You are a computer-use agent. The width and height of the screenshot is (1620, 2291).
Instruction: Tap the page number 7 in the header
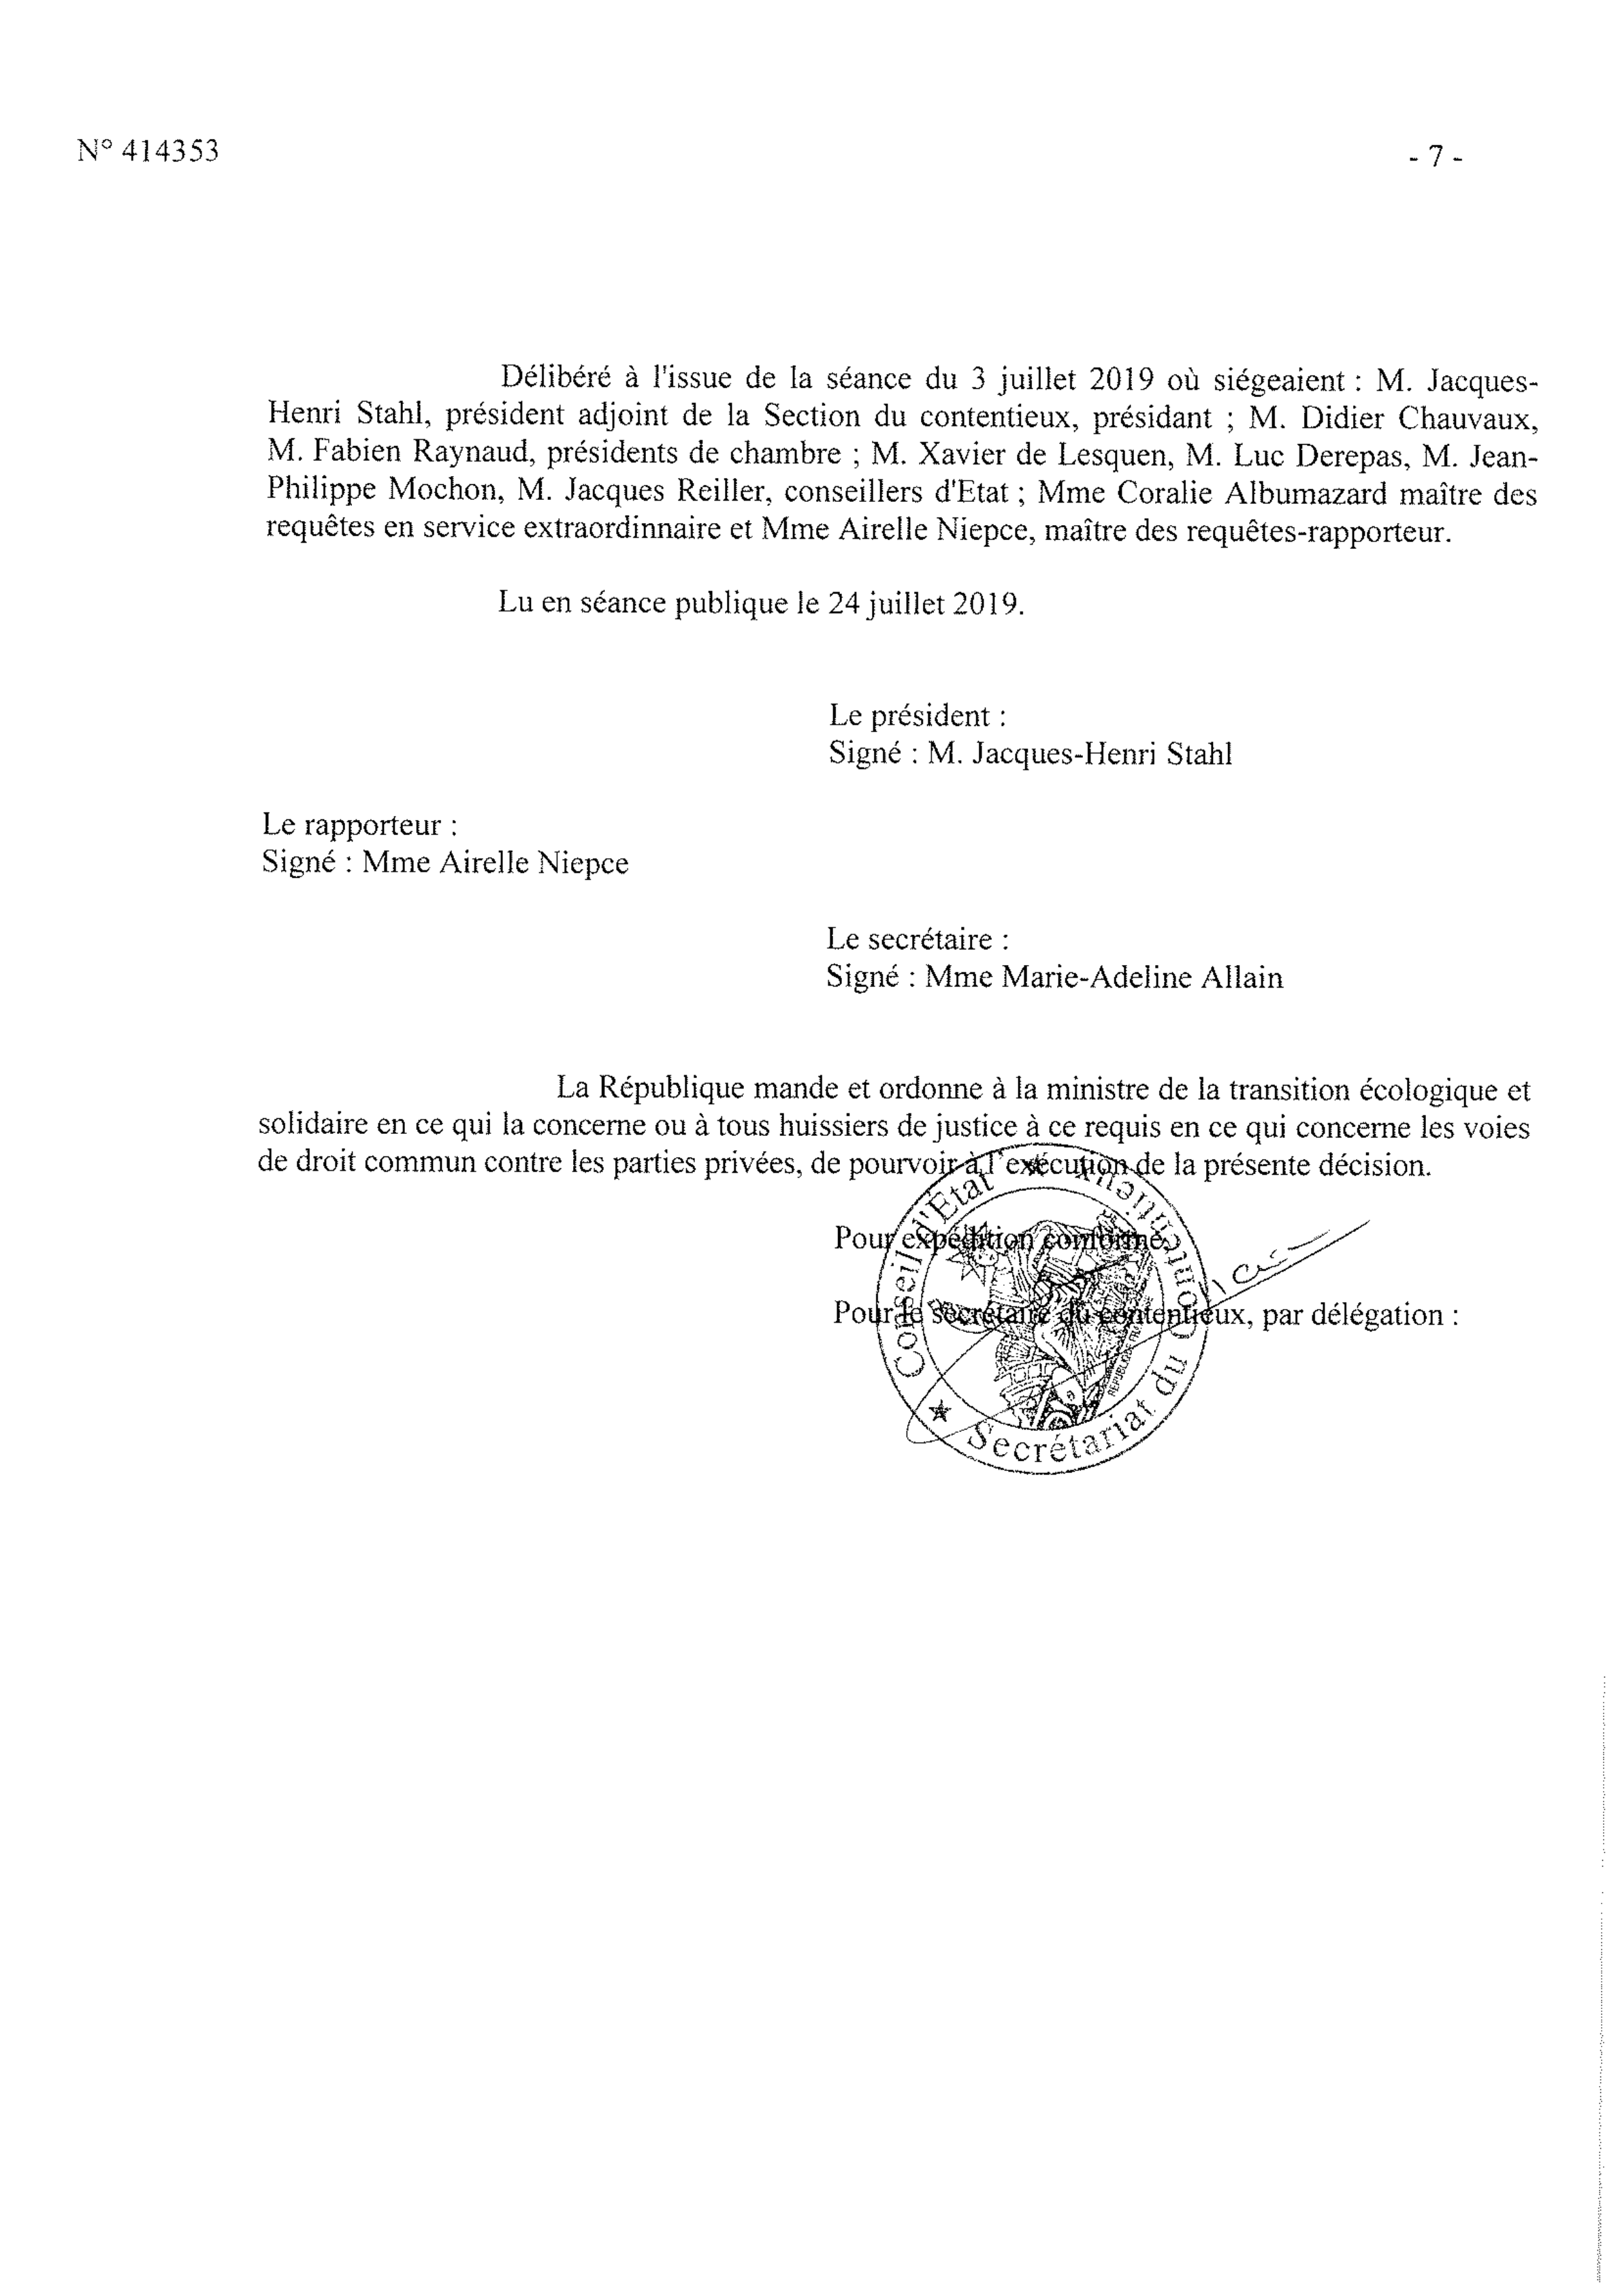[x=1436, y=157]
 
